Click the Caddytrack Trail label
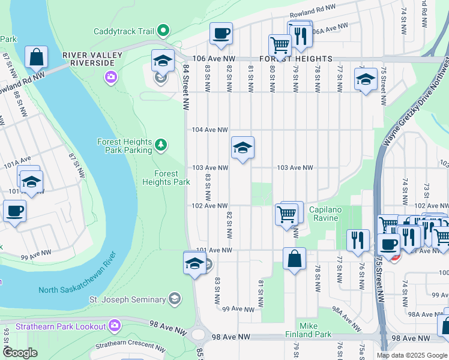coord(124,31)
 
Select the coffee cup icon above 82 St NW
coord(221,33)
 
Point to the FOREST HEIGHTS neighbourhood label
coord(296,59)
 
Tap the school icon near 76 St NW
coord(365,79)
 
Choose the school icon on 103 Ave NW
coord(243,147)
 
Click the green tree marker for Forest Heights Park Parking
coord(160,145)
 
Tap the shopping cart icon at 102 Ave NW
coord(286,214)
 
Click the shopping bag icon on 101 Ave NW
coord(294,259)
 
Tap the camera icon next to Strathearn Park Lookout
coord(115,326)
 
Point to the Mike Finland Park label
coord(316,329)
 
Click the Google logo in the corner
coord(20,353)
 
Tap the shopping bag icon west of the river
coord(37,58)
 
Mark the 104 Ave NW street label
coord(210,130)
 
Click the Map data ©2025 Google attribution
coord(411,355)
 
